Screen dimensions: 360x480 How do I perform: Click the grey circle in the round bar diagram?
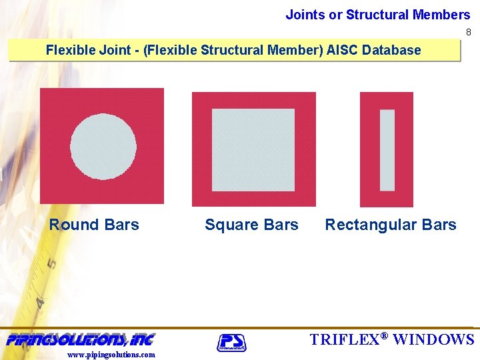(x=103, y=147)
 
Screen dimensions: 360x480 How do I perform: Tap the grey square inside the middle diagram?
(x=253, y=149)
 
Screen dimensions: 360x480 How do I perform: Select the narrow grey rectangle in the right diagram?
(x=387, y=150)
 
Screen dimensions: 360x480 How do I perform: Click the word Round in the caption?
(x=73, y=225)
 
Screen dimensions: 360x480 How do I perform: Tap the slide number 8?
(x=468, y=32)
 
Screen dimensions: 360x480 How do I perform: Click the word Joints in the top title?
(x=305, y=15)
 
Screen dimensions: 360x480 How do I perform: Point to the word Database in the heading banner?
(x=391, y=50)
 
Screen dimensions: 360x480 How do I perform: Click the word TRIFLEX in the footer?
(x=343, y=339)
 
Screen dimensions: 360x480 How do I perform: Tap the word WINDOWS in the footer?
(x=433, y=339)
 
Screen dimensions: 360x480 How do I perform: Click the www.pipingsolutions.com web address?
(x=111, y=355)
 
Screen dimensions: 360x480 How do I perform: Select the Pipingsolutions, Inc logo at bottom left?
(x=81, y=339)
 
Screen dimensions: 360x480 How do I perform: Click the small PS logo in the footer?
(x=231, y=342)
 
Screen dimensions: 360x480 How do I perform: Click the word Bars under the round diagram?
(x=121, y=225)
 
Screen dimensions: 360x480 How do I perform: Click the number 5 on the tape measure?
(x=51, y=263)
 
